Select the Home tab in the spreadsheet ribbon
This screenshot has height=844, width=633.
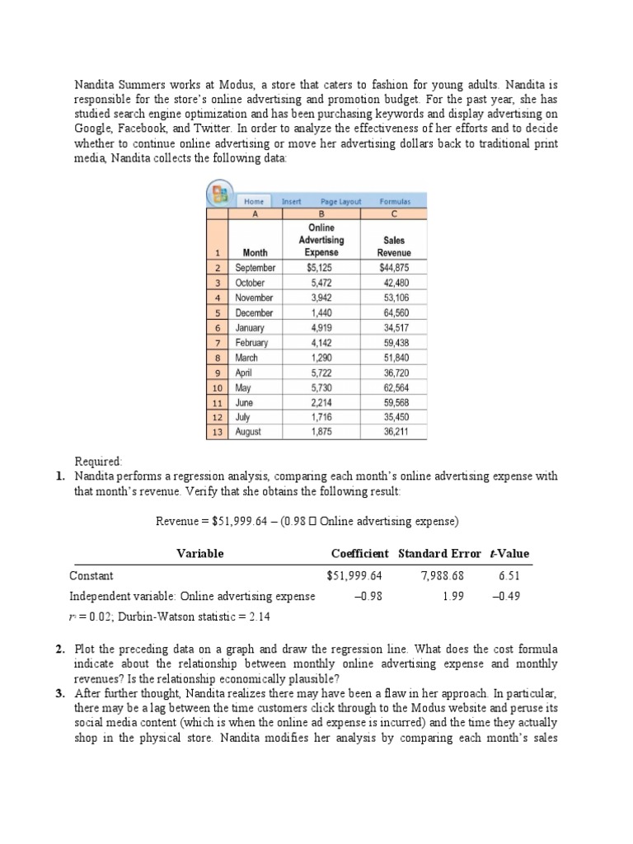pos(254,201)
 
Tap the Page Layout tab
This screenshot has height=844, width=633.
pos(340,201)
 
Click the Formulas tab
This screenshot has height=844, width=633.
pos(394,201)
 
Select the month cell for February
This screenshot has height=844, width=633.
pos(251,343)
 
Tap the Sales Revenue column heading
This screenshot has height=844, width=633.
pos(393,246)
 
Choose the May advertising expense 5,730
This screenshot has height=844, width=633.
pos(320,387)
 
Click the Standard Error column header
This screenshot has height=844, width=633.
pos(438,553)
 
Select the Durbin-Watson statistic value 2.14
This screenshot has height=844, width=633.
pos(241,617)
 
